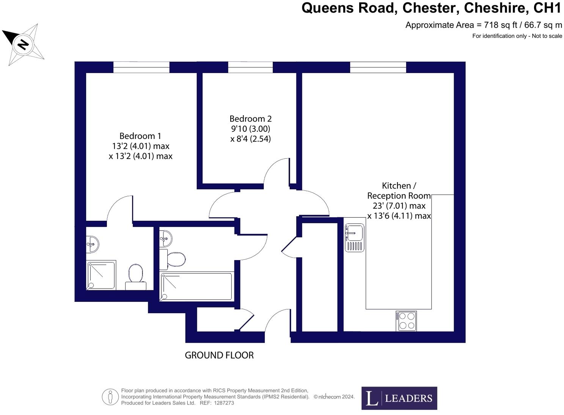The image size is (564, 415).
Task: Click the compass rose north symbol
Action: pos(23,44)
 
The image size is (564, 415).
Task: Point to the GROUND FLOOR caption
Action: pos(219,355)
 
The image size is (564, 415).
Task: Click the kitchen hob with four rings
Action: pos(406,321)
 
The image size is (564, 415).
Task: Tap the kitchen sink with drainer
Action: pos(354,237)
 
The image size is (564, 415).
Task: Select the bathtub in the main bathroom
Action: pos(196,287)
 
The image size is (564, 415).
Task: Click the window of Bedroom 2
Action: pos(250,67)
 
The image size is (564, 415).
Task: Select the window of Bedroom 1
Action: pos(141,67)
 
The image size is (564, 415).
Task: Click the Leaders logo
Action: pos(399,398)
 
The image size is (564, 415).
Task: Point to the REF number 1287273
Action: pos(224,403)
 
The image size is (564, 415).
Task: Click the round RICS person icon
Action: pos(110,397)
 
